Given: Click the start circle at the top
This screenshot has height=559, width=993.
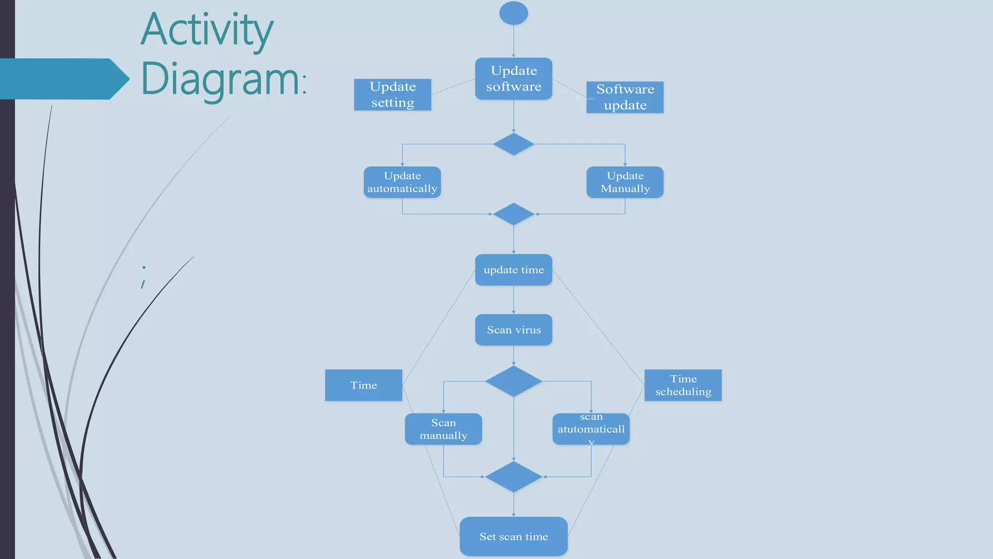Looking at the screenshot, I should (x=513, y=13).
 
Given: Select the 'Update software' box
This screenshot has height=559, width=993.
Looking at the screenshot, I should (x=513, y=79).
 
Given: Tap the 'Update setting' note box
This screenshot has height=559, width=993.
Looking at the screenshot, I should (x=392, y=95).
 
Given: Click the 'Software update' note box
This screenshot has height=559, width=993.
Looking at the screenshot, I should (x=625, y=97).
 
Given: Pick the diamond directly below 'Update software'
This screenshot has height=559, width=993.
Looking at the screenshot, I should (x=513, y=144).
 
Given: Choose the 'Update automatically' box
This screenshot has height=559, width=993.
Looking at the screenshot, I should (x=402, y=182).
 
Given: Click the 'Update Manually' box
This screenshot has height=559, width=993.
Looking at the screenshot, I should (x=625, y=182).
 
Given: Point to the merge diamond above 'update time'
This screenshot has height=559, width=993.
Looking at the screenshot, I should (x=513, y=214).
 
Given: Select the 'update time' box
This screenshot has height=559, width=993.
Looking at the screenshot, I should (x=513, y=270).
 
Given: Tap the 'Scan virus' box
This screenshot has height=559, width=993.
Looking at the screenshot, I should (x=513, y=330).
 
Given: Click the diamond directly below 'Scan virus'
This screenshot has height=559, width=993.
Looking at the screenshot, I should (x=513, y=381).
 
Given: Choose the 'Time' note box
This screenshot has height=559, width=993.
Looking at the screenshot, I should (x=363, y=385).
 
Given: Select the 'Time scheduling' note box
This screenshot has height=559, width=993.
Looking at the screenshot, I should (x=683, y=385).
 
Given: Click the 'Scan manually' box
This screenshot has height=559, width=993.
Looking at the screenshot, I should (x=443, y=429).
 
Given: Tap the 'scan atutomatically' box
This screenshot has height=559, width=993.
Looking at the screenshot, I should (x=591, y=429).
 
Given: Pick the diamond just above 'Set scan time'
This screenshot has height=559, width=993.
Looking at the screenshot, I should (x=513, y=477).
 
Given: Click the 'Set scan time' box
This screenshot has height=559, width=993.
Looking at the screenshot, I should (x=513, y=536).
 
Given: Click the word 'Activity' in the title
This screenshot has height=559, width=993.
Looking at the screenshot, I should (x=207, y=30).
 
